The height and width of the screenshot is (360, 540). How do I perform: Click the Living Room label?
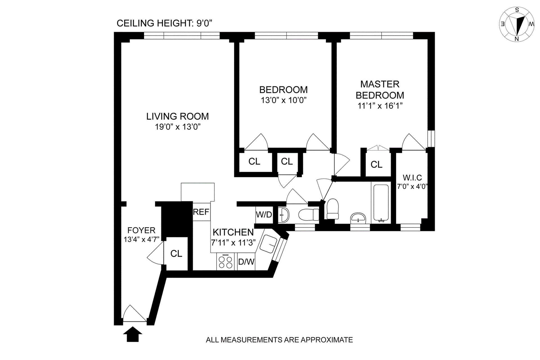(177, 116)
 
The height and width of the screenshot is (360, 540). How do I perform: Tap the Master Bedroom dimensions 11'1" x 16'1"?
(380, 106)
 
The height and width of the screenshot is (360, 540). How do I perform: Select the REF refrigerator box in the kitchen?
(201, 212)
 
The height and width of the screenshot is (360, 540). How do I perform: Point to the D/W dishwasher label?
(246, 262)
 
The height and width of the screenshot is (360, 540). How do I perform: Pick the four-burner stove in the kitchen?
(225, 262)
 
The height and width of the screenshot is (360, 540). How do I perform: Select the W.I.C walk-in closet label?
(412, 178)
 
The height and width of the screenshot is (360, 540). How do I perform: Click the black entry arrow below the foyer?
(133, 334)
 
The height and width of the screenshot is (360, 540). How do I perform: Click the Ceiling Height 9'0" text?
(164, 23)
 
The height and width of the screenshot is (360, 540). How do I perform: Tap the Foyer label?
(141, 230)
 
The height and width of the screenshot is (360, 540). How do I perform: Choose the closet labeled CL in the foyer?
(176, 253)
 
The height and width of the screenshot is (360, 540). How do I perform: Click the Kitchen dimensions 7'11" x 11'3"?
(233, 243)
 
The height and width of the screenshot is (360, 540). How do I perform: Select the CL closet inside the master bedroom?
(377, 164)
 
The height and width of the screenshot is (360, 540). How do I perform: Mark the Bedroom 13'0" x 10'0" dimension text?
(283, 100)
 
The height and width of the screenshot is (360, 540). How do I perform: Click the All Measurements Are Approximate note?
(279, 340)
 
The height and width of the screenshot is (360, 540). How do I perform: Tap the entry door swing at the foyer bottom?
(135, 313)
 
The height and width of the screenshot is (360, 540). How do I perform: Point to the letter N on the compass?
(517, 39)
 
